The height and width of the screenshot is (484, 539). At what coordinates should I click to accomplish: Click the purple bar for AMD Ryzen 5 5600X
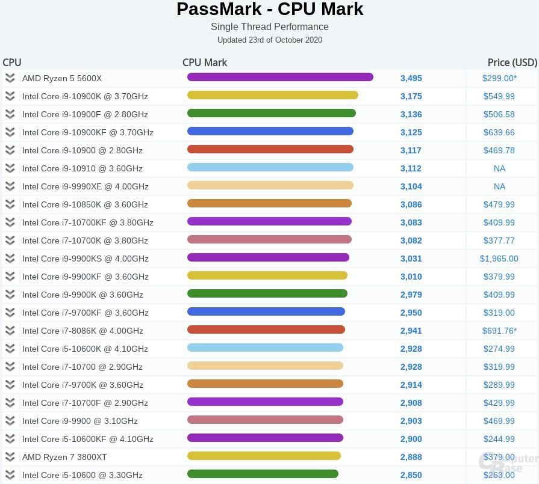[x=280, y=77]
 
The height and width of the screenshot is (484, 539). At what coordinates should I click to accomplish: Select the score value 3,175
[x=411, y=96]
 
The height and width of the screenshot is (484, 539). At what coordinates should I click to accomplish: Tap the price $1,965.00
[x=499, y=259]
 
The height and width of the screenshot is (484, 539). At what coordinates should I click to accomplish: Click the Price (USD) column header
[x=512, y=63]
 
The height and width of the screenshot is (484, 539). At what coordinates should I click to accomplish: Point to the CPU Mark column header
[x=205, y=63]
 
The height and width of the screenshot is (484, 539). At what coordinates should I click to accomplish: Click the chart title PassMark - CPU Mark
[x=270, y=10]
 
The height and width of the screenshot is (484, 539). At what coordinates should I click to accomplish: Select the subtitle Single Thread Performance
[x=270, y=26]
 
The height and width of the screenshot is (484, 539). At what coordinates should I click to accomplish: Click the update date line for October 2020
[x=270, y=40]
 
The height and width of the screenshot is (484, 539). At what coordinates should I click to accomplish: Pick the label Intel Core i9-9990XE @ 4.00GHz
[x=86, y=186]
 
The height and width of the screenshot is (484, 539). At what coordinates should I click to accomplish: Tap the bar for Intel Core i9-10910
[x=270, y=167]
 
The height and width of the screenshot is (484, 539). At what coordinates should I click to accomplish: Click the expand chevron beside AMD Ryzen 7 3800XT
[x=10, y=457]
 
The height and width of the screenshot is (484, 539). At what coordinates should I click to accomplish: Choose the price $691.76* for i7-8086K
[x=499, y=331]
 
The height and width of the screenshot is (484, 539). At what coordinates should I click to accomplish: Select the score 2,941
[x=411, y=331]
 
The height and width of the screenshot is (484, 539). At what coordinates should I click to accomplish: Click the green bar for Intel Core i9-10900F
[x=271, y=113]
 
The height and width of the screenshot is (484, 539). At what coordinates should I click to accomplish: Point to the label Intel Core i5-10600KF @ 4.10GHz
[x=88, y=439]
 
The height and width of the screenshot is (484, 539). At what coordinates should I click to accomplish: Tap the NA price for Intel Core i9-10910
[x=499, y=168]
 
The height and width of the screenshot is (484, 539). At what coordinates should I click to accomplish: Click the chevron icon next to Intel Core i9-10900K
[x=10, y=96]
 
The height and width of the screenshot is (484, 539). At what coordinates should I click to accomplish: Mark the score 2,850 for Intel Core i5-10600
[x=411, y=475]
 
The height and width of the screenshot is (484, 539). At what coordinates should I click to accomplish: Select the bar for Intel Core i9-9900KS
[x=268, y=257]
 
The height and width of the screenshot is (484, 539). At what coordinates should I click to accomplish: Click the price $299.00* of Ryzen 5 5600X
[x=499, y=78]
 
